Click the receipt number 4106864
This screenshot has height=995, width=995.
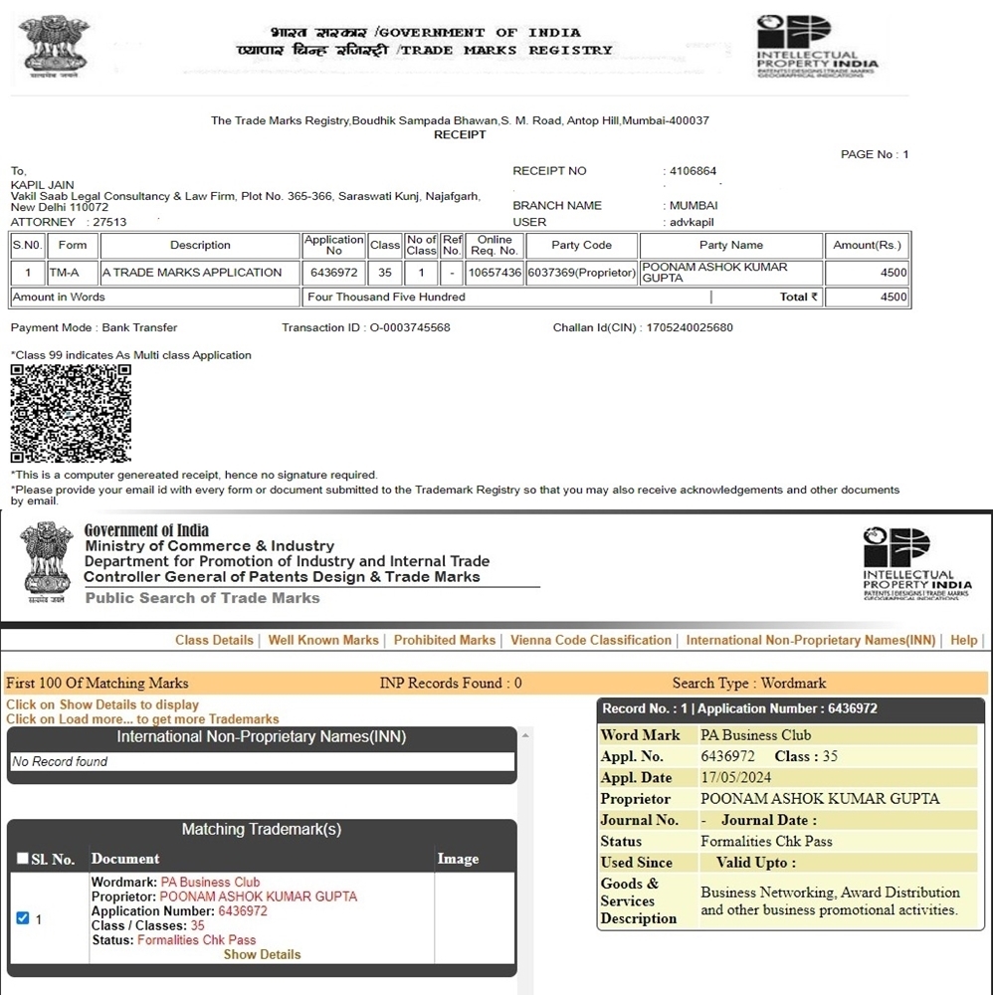point(693,171)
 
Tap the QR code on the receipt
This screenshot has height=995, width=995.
point(71,414)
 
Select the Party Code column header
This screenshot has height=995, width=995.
point(582,245)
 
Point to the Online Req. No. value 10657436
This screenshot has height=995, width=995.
point(496,273)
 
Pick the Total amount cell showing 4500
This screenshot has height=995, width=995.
point(868,297)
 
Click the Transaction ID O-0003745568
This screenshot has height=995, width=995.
point(409,328)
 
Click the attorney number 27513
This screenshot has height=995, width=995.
point(108,222)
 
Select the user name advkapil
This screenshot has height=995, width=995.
point(693,222)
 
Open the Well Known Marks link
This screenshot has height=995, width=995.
point(323,640)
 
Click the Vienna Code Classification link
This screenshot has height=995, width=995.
point(591,640)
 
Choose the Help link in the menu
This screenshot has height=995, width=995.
point(963,640)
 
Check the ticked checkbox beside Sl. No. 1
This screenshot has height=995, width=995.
point(23,918)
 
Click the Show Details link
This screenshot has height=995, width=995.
point(262,954)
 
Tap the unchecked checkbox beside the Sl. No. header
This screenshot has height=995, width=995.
point(23,859)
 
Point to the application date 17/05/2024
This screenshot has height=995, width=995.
point(729,778)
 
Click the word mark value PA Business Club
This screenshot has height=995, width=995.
point(755,735)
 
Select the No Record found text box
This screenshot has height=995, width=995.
point(262,762)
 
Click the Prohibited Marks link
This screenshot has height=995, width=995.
point(444,640)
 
